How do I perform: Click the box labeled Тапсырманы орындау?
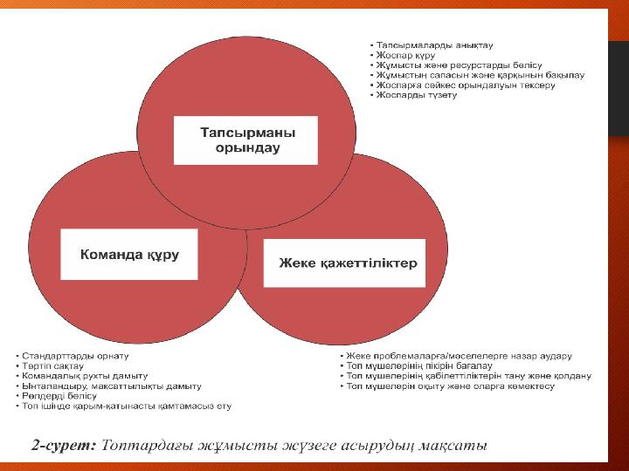point(245,140)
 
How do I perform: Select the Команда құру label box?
point(129,255)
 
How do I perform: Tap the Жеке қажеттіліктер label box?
point(344,263)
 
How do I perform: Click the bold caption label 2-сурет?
point(64,446)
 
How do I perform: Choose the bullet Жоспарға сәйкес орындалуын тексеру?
point(466,85)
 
